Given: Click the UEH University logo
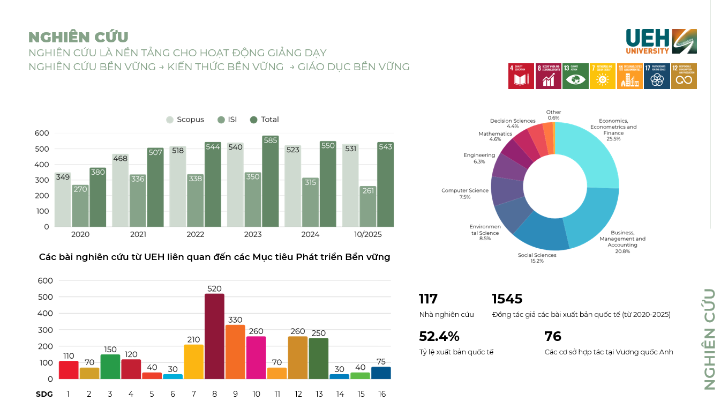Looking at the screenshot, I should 661,41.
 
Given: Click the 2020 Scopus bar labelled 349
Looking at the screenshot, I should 63,199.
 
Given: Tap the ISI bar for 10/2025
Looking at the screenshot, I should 367,206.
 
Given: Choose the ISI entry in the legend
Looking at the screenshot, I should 227,120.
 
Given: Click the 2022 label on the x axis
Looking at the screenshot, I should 195,235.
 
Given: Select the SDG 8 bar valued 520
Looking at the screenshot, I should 214,336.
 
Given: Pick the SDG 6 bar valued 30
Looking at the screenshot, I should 172,376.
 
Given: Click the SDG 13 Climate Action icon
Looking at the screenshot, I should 575,76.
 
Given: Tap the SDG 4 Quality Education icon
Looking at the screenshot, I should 521,76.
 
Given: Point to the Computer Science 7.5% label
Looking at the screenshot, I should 465,194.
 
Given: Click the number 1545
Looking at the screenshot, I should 507,299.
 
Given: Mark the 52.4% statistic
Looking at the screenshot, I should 439,337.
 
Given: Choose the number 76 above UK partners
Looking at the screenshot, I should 552,337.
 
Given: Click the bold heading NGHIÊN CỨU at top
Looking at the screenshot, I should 78,38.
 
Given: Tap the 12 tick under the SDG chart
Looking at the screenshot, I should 298,394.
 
